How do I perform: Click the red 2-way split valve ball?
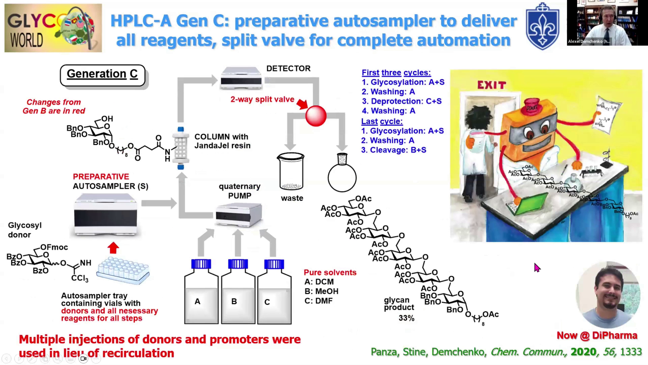pos(316,116)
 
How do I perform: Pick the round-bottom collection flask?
pos(342,174)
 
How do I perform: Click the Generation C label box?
pos(102,75)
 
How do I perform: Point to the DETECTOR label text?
pos(288,69)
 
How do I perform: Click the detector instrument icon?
pos(241,78)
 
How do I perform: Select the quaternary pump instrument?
pos(239,215)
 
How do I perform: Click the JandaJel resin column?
pos(181,148)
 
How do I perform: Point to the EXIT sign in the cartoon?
pos(491,85)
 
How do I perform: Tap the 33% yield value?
pos(406,318)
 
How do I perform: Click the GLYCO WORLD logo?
pos(53,28)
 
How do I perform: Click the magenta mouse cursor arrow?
pos(537,268)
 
